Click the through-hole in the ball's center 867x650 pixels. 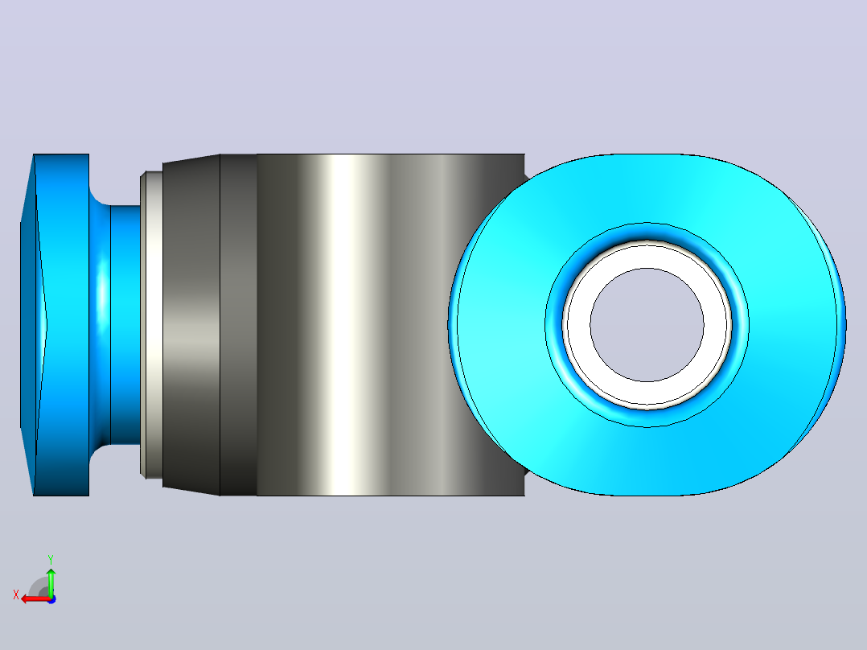tap(647, 325)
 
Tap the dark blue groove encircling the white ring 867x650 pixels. tap(647, 232)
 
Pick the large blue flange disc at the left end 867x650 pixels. tap(62, 325)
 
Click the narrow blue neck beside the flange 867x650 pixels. tap(125, 325)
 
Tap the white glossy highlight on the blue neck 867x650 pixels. tap(102, 293)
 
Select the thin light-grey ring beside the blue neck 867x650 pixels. tap(151, 325)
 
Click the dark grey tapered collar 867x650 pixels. tap(191, 325)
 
